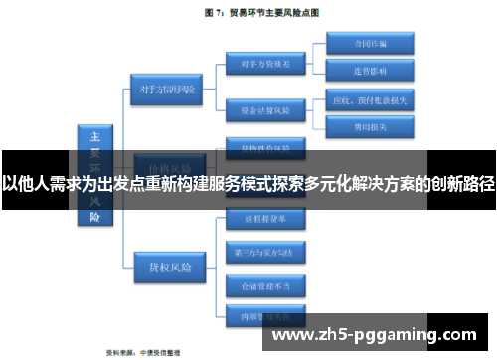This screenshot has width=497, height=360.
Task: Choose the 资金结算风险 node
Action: coord(259,109)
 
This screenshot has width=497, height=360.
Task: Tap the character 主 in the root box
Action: coord(96,136)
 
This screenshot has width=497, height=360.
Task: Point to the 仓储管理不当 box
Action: coord(259,285)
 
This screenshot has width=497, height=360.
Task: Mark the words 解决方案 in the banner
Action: coord(385,183)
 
